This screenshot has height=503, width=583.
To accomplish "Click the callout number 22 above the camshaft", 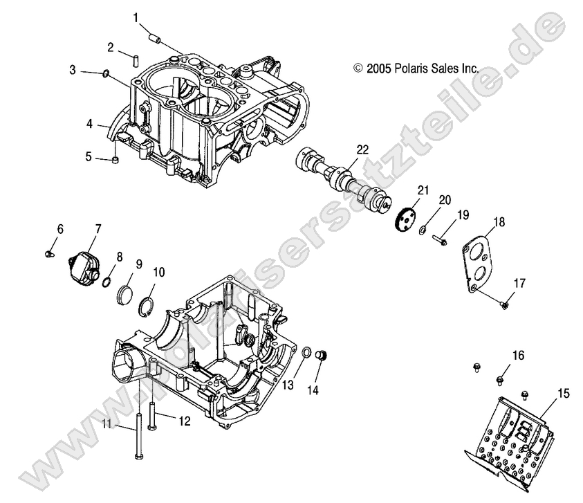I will pos(362,149).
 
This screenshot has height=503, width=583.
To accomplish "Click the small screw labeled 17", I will pos(506,302).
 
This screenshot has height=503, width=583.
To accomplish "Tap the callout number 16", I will pos(518,356).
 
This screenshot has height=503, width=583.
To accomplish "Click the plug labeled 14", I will pos(320,356).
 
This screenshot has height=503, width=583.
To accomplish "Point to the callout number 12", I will pos(185,420).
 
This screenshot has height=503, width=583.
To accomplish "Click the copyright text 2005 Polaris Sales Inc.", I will pos(416,68).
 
